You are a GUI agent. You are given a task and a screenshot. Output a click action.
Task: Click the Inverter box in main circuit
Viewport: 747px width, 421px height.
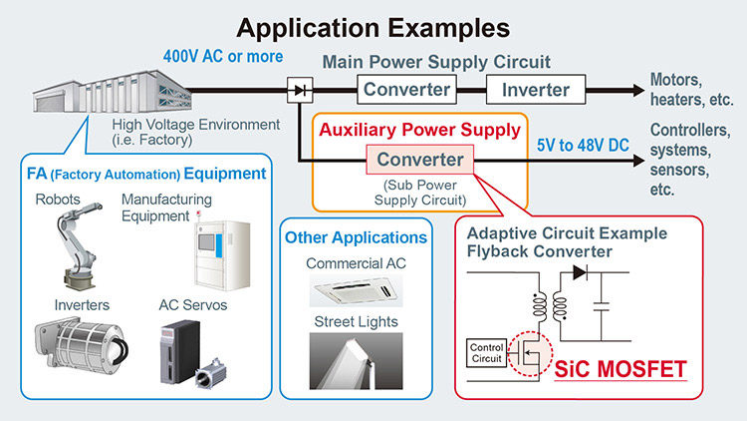(536, 89)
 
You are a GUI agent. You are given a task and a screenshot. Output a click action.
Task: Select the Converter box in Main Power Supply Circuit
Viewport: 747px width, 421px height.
(406, 89)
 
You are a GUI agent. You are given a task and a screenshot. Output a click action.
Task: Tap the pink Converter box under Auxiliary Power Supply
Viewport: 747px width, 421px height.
(419, 160)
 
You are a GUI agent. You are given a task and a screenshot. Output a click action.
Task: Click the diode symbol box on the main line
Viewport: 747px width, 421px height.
(300, 90)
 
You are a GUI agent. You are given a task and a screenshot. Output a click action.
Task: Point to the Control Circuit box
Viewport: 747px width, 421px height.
(486, 353)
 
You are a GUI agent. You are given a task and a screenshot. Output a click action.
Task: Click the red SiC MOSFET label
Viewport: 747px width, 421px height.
(621, 369)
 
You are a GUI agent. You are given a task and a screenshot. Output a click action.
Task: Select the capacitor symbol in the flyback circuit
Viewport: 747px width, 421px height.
(602, 306)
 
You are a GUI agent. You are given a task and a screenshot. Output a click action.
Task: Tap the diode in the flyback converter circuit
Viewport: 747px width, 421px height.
(580, 272)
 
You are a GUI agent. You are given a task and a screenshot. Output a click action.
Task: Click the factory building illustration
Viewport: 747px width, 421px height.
(113, 92)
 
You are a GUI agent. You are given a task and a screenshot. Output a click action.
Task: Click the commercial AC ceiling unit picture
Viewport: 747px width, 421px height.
(356, 290)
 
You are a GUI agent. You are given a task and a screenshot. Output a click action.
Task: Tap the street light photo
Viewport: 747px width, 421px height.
(356, 361)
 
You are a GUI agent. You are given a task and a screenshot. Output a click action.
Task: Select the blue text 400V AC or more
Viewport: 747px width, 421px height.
(223, 56)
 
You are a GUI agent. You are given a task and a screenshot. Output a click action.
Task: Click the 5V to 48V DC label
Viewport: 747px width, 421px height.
(583, 145)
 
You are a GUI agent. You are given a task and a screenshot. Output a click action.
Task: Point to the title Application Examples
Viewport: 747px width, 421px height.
(373, 28)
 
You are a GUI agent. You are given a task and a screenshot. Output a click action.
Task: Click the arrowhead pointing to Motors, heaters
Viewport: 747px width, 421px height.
(638, 90)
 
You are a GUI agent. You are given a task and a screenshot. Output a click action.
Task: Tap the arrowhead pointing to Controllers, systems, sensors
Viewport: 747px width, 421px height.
(638, 161)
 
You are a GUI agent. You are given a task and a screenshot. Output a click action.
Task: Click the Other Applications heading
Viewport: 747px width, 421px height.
(356, 237)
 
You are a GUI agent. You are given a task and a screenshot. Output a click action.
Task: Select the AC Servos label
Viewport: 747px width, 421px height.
(193, 305)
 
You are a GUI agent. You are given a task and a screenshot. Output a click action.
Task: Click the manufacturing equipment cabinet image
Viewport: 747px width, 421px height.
(222, 254)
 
